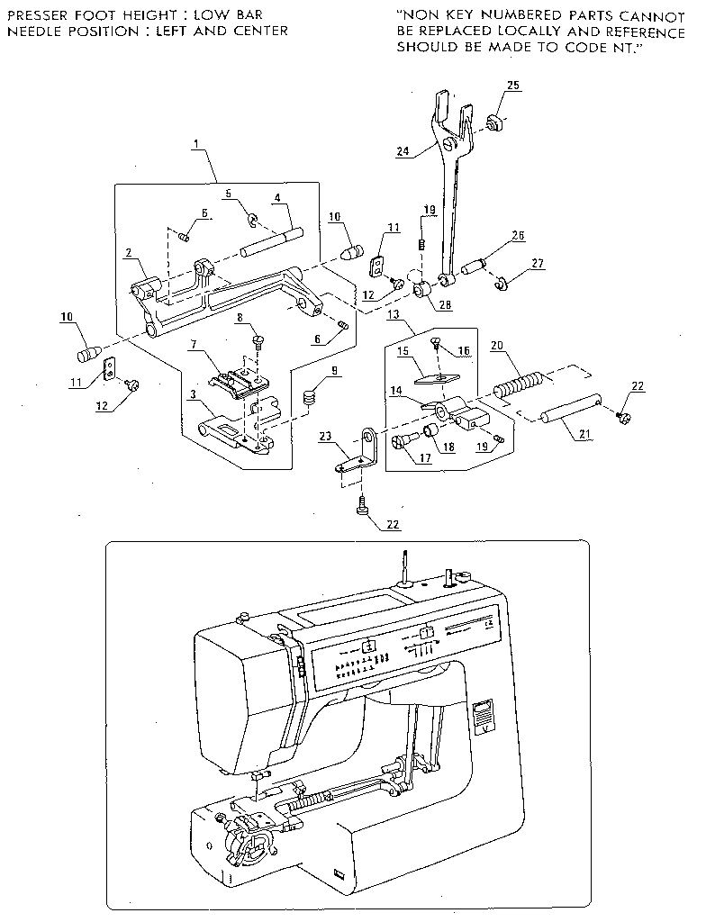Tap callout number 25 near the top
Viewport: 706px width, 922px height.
pyautogui.click(x=512, y=85)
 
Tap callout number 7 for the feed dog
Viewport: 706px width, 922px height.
pyautogui.click(x=193, y=346)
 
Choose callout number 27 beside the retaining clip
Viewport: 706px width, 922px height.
pyautogui.click(x=538, y=264)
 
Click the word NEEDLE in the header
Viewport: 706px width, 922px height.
pyautogui.click(x=30, y=31)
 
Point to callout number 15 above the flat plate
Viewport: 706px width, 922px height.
pyautogui.click(x=403, y=349)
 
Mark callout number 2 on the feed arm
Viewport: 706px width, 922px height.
pyautogui.click(x=130, y=255)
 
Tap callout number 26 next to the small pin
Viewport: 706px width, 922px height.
pyautogui.click(x=518, y=237)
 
